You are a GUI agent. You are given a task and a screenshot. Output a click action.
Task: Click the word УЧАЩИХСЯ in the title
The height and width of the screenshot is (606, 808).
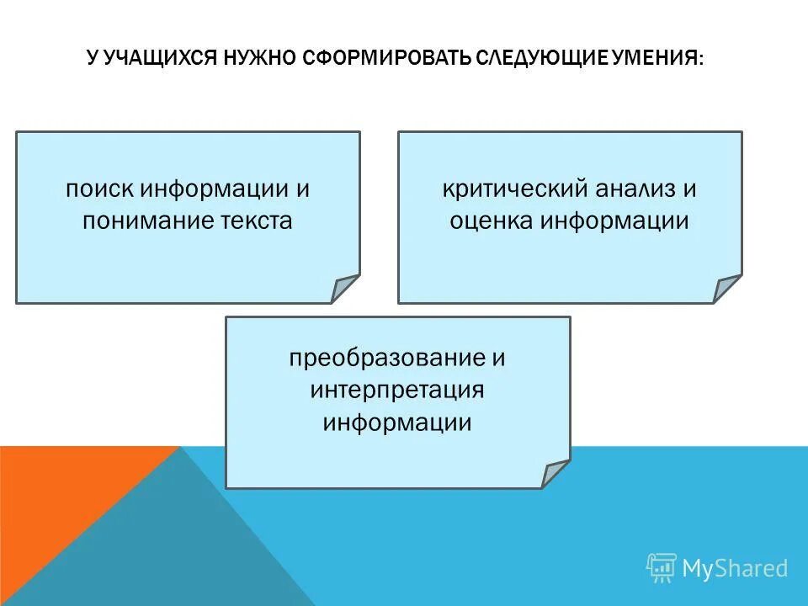click(x=161, y=59)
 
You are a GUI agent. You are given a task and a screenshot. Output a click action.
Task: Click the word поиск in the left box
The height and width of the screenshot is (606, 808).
click(x=100, y=189)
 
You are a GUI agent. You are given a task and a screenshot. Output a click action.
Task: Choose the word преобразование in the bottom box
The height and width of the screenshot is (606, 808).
click(x=385, y=358)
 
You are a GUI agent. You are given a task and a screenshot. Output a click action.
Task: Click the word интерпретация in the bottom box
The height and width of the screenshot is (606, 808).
click(x=397, y=391)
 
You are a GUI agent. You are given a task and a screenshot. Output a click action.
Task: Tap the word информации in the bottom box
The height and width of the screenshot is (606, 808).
click(x=397, y=422)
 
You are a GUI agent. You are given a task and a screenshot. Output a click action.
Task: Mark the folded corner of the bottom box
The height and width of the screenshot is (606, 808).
click(x=553, y=474)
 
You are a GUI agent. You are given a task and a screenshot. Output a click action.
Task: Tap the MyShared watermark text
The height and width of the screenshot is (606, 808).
click(x=735, y=568)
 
